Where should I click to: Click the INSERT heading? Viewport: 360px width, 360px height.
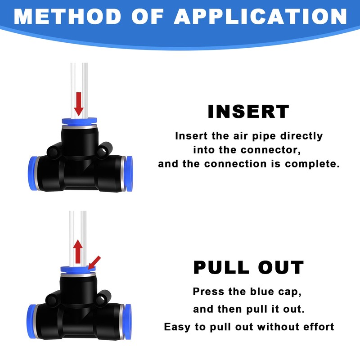coord(248,112)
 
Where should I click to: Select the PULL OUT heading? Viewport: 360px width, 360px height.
coord(248,267)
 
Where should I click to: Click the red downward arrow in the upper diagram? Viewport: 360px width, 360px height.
coord(79,104)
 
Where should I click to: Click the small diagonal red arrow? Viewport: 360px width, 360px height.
coord(94,263)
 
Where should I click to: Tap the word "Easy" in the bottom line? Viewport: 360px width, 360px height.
coord(178,326)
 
